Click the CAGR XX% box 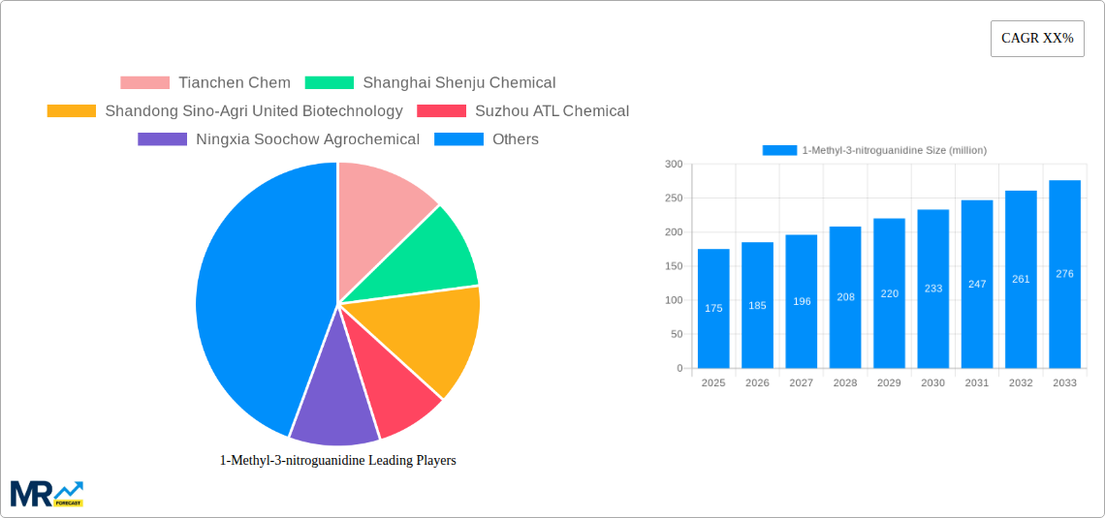[1036, 39]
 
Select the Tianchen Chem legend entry [205, 83]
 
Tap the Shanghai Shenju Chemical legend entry [430, 83]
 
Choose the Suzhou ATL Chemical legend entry [522, 111]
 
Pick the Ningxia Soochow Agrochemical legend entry [279, 139]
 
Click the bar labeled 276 [1064, 274]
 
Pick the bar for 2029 [889, 292]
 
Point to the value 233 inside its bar [932, 289]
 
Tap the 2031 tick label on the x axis [977, 383]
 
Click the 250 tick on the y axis [673, 198]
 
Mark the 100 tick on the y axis [673, 300]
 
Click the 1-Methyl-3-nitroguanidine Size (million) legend [874, 150]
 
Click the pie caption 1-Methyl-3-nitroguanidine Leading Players [337, 461]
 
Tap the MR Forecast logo [46, 493]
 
